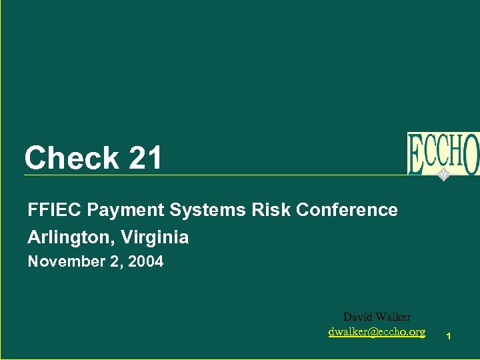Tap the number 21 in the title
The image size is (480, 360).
pyautogui.click(x=145, y=159)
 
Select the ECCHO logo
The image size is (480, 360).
pyautogui.click(x=443, y=153)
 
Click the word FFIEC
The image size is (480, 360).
pyautogui.click(x=55, y=211)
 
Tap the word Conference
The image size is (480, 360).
pyautogui.click(x=347, y=211)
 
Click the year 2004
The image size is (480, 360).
pyautogui.click(x=145, y=262)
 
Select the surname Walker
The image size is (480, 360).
pyautogui.click(x=393, y=317)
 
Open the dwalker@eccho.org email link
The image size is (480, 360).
pyautogui.click(x=377, y=331)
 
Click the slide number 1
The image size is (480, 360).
pyautogui.click(x=449, y=337)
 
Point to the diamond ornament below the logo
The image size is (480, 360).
pyautogui.click(x=443, y=175)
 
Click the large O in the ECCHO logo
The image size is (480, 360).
pyautogui.click(x=471, y=153)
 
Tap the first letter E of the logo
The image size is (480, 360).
pyautogui.click(x=416, y=155)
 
